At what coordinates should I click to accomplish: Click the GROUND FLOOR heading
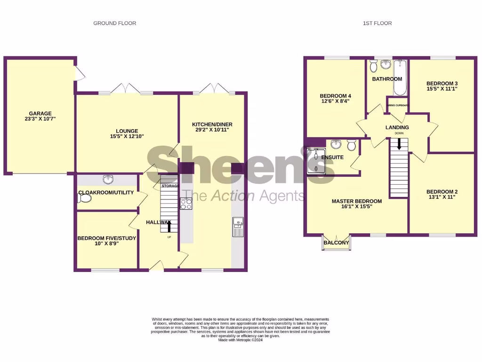[114, 23]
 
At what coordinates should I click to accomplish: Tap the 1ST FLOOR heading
[378, 23]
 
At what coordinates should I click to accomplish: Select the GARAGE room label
[40, 113]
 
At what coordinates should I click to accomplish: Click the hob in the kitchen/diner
[186, 204]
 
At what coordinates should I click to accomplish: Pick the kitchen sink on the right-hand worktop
[237, 226]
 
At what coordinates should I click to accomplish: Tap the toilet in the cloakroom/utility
[84, 198]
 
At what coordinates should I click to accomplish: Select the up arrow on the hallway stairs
[169, 226]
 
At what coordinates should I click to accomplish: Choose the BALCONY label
[337, 243]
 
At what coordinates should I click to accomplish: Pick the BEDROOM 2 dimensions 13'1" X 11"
[442, 197]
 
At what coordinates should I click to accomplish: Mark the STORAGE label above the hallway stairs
[169, 186]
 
